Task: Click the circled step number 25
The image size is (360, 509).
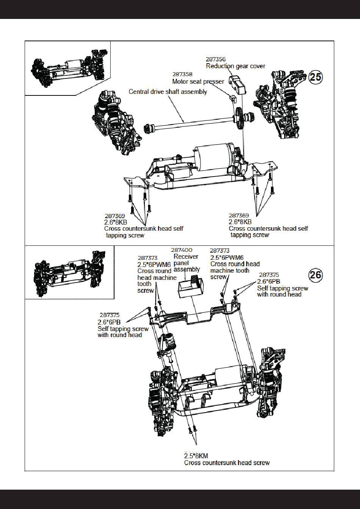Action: click(x=316, y=77)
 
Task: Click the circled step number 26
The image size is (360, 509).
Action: click(x=316, y=275)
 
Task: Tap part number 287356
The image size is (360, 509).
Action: click(x=216, y=59)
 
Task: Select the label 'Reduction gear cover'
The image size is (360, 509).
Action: click(x=235, y=66)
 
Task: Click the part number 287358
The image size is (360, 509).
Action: click(x=182, y=75)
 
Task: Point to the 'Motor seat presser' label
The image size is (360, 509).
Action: click(x=198, y=81)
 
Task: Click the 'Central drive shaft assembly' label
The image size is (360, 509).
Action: click(x=168, y=92)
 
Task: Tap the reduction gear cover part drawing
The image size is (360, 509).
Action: click(x=237, y=84)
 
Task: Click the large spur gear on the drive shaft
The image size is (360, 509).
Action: click(x=239, y=119)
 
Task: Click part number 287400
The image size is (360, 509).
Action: click(x=181, y=250)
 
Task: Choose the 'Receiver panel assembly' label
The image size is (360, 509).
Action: click(x=186, y=263)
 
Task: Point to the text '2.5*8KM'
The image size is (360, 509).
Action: click(x=196, y=456)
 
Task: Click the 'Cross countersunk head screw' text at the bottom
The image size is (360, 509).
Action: click(x=227, y=462)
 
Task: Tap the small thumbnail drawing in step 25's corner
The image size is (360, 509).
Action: click(x=67, y=68)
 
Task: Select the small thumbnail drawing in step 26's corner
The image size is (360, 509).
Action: click(x=69, y=272)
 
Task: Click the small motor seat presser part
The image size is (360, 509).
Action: click(x=233, y=98)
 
